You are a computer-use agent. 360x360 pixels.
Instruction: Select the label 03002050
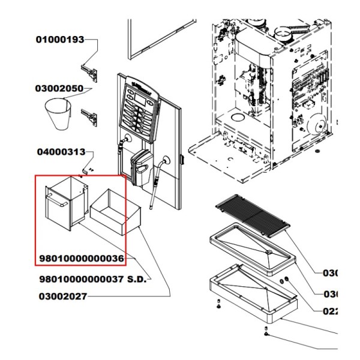point(59,88)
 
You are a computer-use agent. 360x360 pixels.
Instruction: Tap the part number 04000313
point(61,152)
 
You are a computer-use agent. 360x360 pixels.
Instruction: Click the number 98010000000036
point(82,259)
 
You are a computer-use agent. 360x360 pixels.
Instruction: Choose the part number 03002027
point(63,296)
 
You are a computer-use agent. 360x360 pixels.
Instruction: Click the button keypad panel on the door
point(140,108)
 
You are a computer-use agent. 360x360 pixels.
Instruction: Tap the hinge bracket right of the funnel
point(89,113)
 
